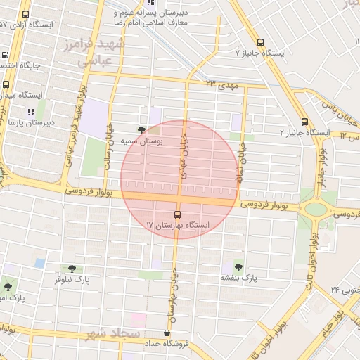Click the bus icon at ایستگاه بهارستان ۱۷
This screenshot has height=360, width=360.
coord(177,215)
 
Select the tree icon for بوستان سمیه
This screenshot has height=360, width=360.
coord(143,130)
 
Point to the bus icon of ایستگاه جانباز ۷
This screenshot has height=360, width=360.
coord(261,42)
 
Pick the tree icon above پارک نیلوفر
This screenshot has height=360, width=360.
coord(72,268)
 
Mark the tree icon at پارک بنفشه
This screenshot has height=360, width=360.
coord(238,267)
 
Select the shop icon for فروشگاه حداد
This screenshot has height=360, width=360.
coord(167,333)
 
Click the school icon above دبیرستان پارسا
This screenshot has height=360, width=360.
coord(30,111)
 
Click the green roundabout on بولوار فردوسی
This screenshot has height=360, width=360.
coord(316,209)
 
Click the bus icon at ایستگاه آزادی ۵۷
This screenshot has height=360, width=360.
coord(26,14)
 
